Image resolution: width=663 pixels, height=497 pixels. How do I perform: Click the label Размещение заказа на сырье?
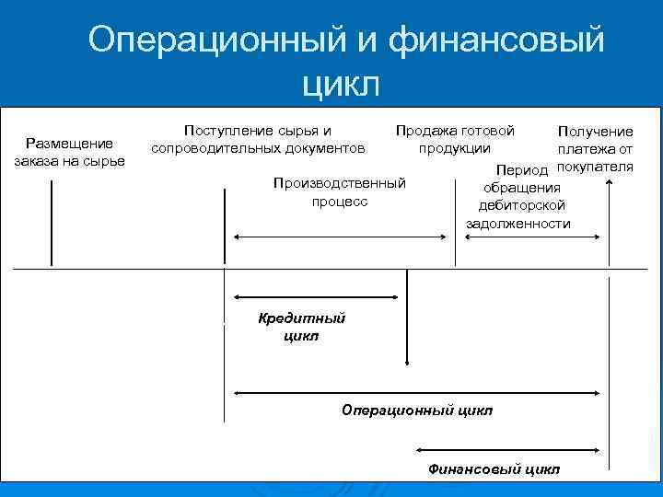pos(69,152)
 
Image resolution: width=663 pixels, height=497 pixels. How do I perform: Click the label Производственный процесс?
pos(340,191)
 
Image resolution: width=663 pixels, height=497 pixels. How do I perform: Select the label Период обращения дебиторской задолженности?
pos(518,197)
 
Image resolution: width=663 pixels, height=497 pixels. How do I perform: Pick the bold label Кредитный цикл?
pos(302,327)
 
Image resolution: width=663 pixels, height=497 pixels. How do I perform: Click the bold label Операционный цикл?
pos(417,409)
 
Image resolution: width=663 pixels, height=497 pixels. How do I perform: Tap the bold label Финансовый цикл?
pos(494,468)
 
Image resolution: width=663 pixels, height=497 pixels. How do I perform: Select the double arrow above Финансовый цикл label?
pos(511,451)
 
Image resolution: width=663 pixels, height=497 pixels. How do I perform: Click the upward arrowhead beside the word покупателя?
pos(606,183)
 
